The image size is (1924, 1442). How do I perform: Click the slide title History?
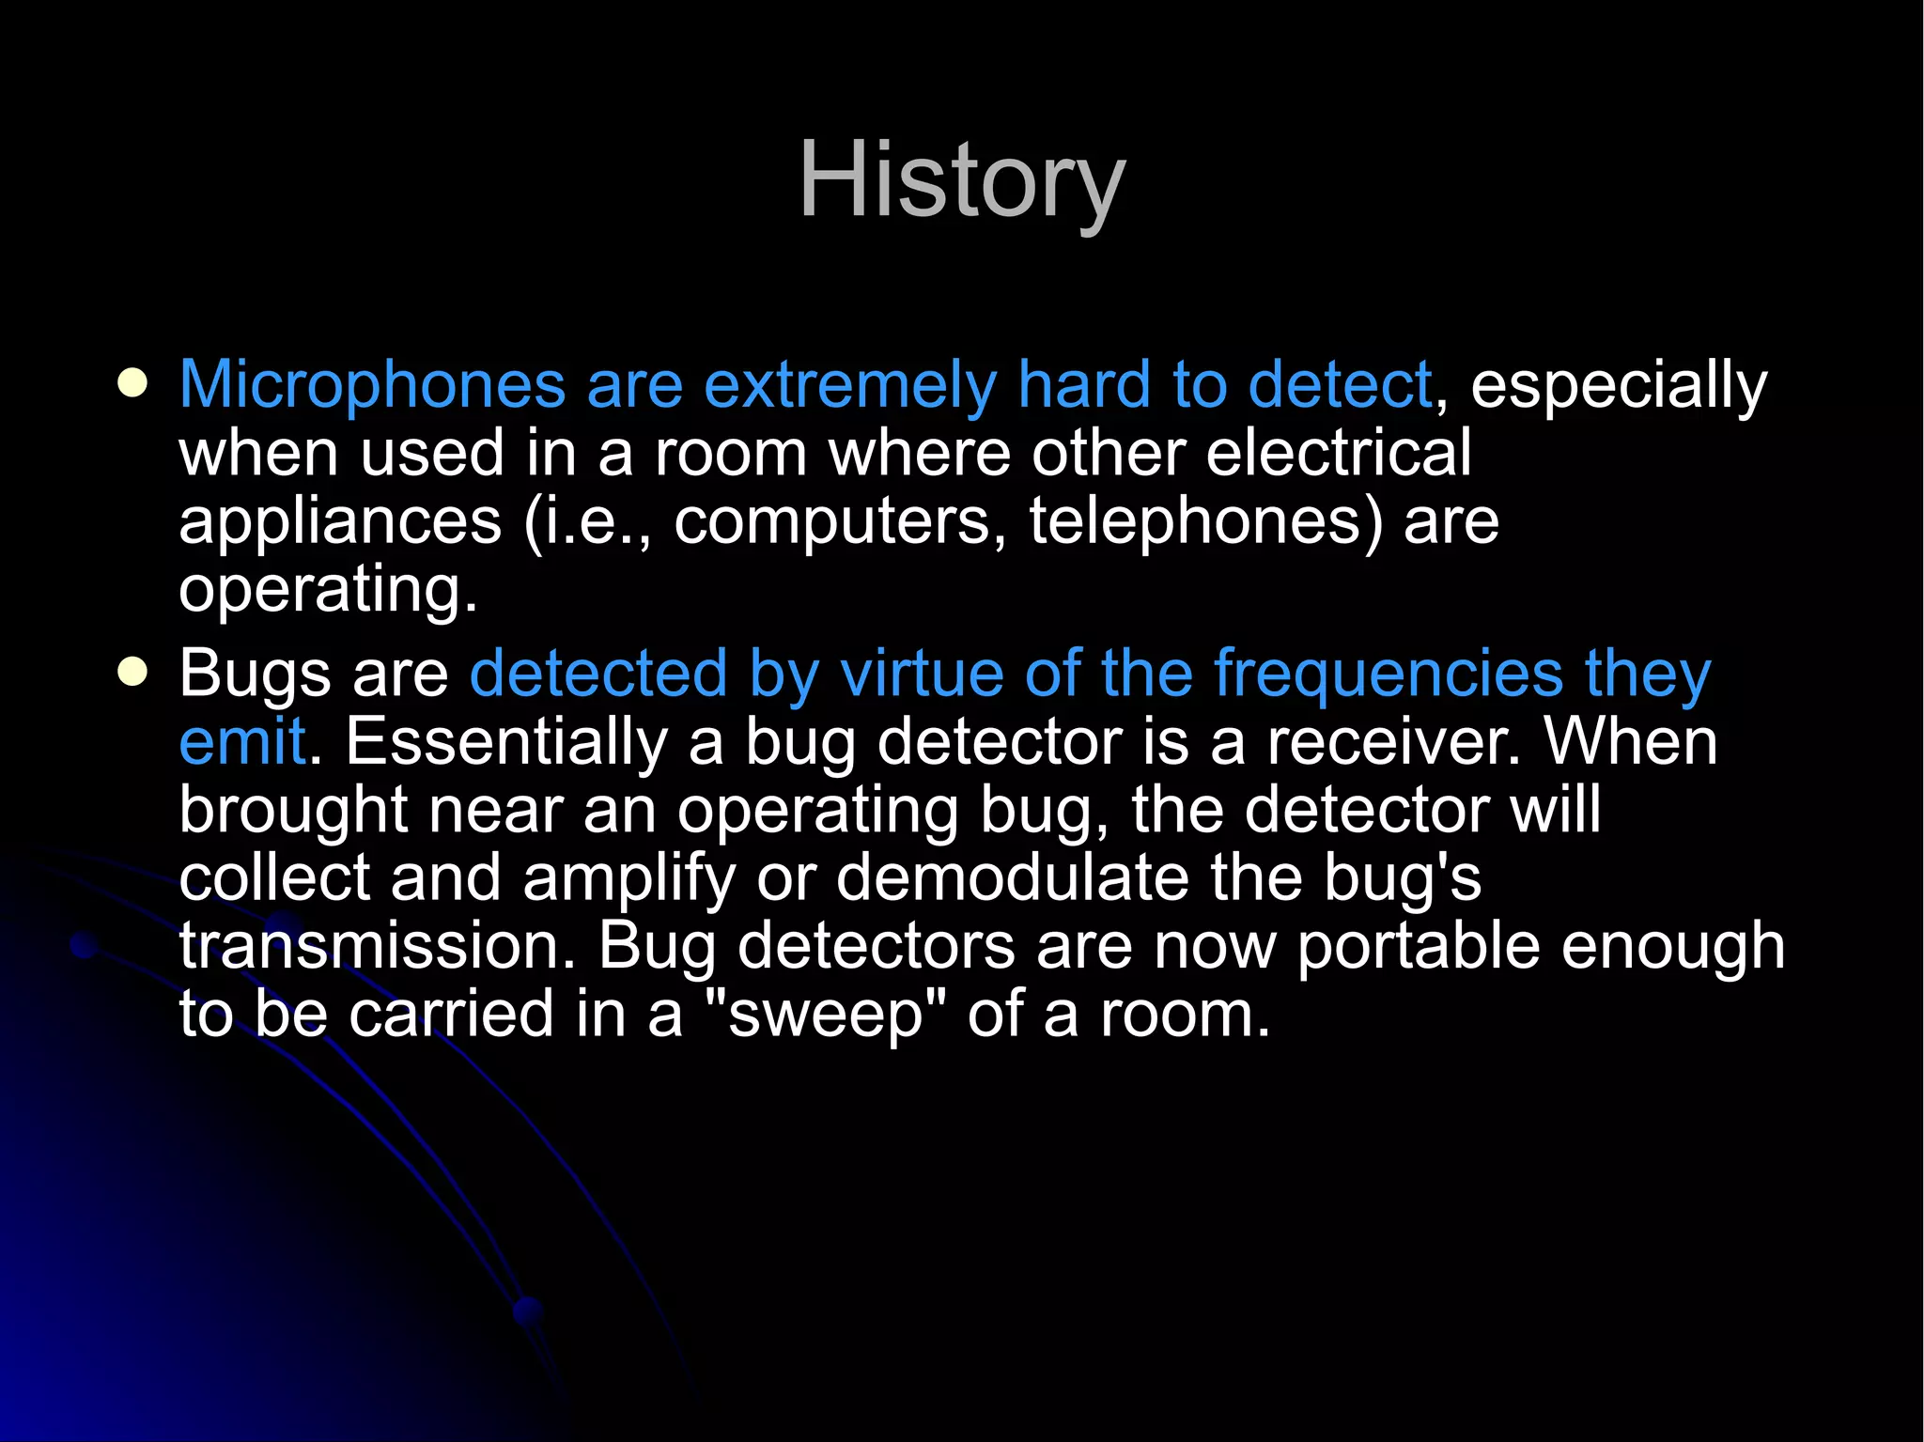961,180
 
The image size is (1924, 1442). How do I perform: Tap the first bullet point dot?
133,383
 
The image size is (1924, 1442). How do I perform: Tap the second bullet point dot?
133,673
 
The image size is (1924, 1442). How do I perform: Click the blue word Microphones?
372,385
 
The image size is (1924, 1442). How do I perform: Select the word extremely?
850,385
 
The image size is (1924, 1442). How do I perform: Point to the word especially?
1618,385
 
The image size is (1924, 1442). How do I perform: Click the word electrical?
1338,453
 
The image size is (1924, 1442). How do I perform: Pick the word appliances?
340,521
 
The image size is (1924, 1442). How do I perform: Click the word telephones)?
1206,521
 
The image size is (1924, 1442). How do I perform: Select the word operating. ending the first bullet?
328,590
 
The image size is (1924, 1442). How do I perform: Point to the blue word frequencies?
1388,674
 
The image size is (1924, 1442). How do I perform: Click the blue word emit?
242,742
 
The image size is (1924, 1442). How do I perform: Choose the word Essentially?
505,742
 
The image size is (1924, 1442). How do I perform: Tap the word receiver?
1392,742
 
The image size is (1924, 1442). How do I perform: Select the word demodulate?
1012,878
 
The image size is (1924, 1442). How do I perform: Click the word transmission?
377,946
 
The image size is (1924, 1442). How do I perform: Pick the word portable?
1419,946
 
